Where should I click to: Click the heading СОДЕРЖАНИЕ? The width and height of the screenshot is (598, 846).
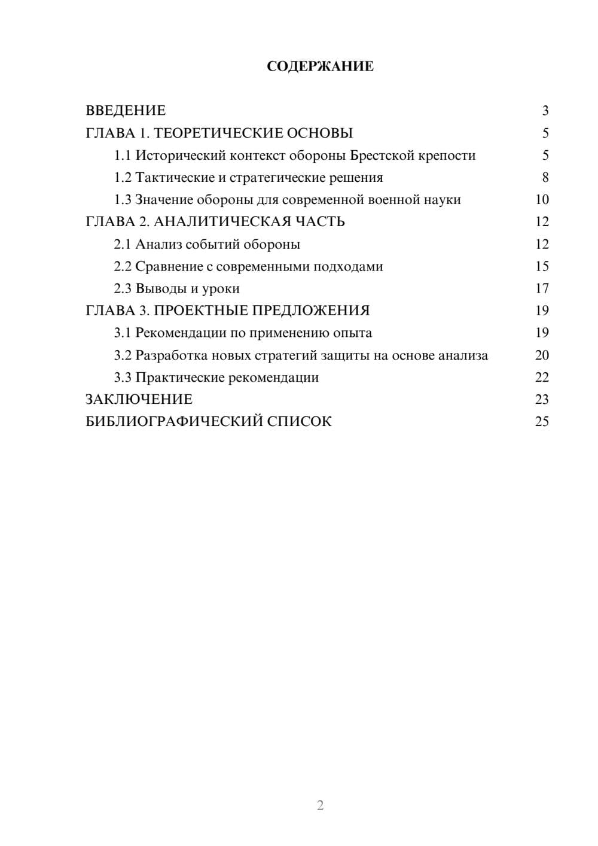click(320, 66)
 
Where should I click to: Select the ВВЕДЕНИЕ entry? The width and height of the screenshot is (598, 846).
click(126, 111)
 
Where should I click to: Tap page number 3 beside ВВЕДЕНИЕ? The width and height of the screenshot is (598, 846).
click(545, 111)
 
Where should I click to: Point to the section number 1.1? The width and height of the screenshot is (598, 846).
click(123, 156)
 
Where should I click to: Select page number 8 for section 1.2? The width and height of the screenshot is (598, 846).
click(545, 178)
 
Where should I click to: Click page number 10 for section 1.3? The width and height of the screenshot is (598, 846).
click(542, 200)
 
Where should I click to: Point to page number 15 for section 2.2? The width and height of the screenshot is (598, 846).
click(542, 266)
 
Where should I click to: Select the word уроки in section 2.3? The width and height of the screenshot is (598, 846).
click(221, 289)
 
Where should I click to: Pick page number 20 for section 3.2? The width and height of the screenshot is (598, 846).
click(542, 355)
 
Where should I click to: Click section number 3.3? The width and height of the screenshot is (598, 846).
click(123, 378)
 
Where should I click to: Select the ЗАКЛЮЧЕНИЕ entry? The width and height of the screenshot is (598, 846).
click(139, 400)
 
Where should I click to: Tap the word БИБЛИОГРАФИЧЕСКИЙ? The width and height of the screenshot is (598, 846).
click(174, 422)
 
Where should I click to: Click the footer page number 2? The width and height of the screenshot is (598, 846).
click(320, 805)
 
